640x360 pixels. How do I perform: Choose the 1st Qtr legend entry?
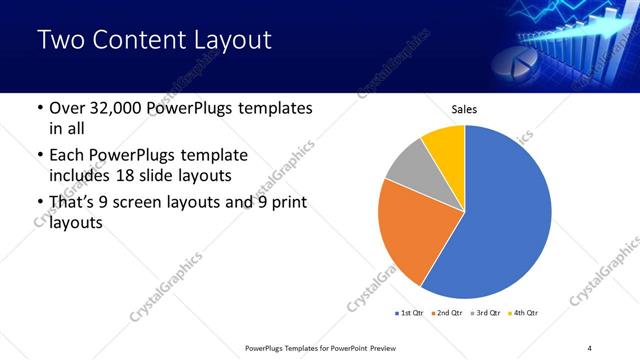410,313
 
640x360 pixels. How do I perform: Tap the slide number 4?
590,347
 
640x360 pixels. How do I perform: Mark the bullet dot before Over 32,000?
39,108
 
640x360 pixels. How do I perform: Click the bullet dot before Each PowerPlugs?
39,156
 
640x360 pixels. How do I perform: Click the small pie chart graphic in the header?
537,55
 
